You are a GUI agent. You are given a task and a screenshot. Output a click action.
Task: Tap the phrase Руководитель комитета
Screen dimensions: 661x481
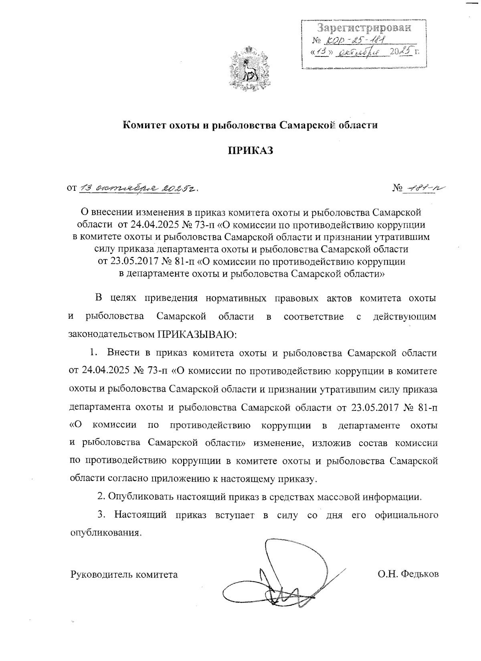tap(124, 574)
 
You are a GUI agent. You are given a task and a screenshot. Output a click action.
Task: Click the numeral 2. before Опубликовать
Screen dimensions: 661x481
tap(101, 497)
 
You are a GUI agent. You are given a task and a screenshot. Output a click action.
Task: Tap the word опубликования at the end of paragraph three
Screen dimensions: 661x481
tap(105, 533)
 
